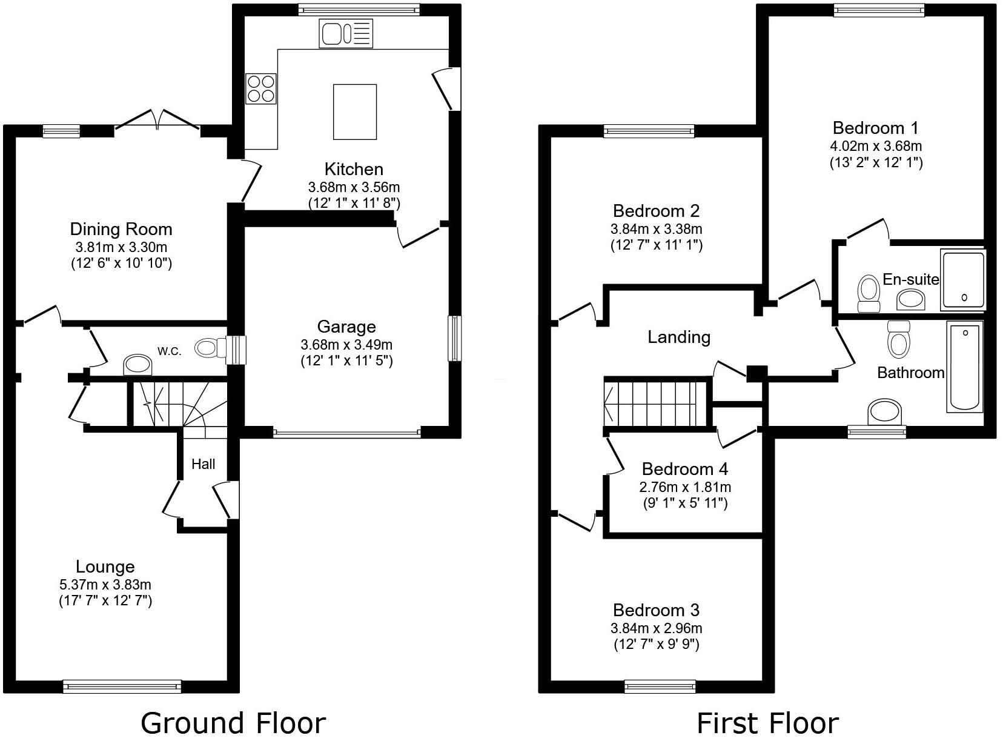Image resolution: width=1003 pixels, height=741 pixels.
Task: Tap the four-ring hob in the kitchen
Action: click(x=260, y=88)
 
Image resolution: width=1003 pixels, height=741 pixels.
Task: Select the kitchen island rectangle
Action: click(x=355, y=111)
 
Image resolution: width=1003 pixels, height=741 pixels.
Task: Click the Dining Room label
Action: click(x=121, y=229)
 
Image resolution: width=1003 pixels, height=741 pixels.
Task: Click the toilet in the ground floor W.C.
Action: click(x=208, y=348)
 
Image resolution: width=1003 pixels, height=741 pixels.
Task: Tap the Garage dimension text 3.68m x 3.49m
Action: click(x=346, y=345)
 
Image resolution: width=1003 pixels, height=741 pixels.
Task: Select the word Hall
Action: click(x=204, y=464)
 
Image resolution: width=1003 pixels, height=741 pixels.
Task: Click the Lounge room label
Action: click(x=105, y=567)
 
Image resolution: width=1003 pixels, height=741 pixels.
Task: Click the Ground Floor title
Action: click(x=233, y=723)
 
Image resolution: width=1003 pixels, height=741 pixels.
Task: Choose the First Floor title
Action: click(x=767, y=723)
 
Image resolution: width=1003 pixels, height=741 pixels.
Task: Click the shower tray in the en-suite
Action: click(x=963, y=280)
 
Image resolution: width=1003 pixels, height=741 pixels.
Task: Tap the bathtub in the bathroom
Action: click(x=964, y=367)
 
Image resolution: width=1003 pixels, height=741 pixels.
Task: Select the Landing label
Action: click(x=679, y=337)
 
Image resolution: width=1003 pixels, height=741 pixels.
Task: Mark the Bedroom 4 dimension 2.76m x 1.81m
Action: click(x=685, y=487)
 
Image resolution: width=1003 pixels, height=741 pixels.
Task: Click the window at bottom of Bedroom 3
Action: click(x=660, y=686)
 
